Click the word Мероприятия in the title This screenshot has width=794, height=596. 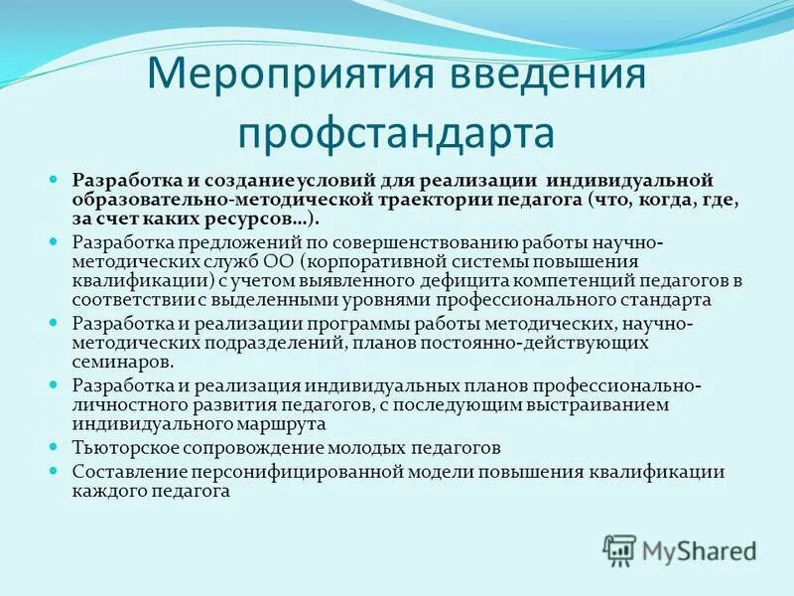pos(262,75)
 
